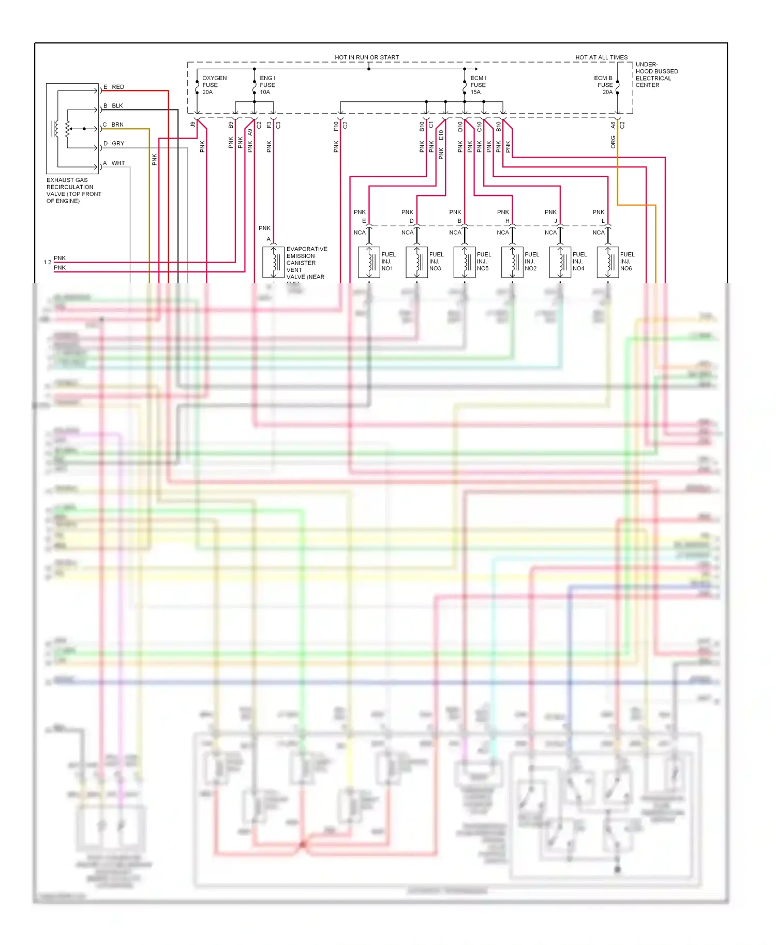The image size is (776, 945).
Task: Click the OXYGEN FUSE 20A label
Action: click(214, 85)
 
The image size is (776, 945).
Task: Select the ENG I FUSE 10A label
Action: click(267, 85)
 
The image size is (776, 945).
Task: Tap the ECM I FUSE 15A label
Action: click(478, 85)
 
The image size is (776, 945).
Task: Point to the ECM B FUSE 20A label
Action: click(603, 85)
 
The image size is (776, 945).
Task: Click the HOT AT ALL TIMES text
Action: click(601, 57)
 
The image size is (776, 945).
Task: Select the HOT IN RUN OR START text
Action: click(367, 57)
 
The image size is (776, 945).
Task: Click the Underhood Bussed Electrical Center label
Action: click(656, 75)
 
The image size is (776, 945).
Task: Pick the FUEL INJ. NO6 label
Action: click(627, 261)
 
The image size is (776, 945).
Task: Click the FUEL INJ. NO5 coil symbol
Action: click(465, 262)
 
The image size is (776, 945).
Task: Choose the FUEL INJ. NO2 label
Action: click(531, 261)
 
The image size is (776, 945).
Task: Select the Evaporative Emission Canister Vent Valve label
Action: click(306, 263)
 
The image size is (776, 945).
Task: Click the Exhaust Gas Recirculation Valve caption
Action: click(73, 190)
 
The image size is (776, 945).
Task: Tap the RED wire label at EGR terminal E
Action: click(118, 87)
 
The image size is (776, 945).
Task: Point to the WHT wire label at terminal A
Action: click(118, 163)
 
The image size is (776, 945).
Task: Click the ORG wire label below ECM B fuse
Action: click(613, 142)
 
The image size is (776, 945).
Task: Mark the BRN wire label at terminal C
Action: click(117, 125)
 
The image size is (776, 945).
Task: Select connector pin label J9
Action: click(193, 125)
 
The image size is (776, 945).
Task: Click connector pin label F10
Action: click(336, 126)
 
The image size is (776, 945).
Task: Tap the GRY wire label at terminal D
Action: click(118, 143)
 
